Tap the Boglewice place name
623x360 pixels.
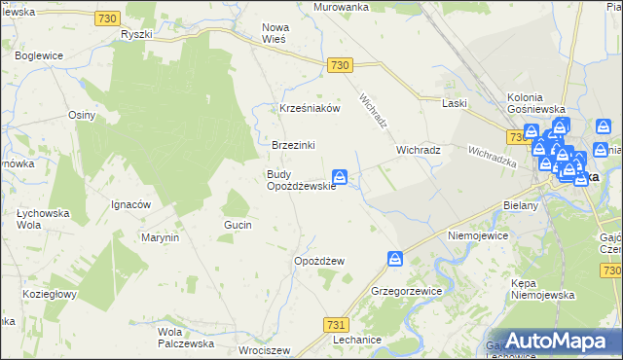pyautogui.click(x=38, y=55)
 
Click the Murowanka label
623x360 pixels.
pyautogui.click(x=341, y=7)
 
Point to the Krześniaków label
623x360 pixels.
pyautogui.click(x=310, y=109)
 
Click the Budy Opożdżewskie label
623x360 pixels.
pyautogui.click(x=301, y=180)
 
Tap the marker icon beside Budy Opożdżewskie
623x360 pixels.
pyautogui.click(x=340, y=177)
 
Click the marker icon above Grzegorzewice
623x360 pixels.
pyautogui.click(x=395, y=259)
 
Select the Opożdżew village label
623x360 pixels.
pyautogui.click(x=319, y=262)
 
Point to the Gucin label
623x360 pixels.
pyautogui.click(x=238, y=225)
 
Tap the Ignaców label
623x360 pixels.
pyautogui.click(x=129, y=205)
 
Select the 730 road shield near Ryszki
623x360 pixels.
pyautogui.click(x=109, y=18)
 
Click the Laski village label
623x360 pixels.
pyautogui.click(x=455, y=103)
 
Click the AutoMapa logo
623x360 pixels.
pyautogui.click(x=558, y=341)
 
